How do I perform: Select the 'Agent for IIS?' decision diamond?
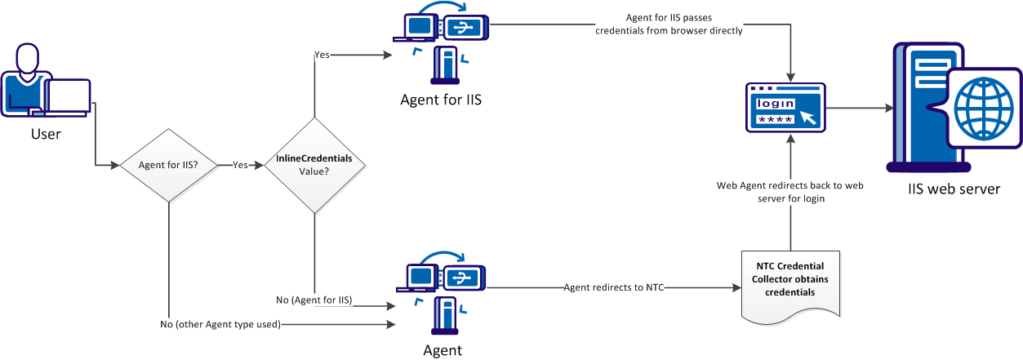(x=168, y=164)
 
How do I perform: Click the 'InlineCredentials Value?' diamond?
(x=314, y=165)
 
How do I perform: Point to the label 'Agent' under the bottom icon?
(x=443, y=350)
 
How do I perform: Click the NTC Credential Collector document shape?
(x=789, y=282)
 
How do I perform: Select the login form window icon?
(x=785, y=107)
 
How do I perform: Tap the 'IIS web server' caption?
(x=954, y=189)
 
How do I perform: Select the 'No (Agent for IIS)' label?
(x=314, y=300)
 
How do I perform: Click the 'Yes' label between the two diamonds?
(x=241, y=164)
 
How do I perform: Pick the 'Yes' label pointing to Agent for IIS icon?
(x=322, y=55)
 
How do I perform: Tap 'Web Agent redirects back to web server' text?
(x=789, y=191)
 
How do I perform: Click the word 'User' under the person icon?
(x=46, y=132)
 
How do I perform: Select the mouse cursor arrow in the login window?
(x=807, y=117)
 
